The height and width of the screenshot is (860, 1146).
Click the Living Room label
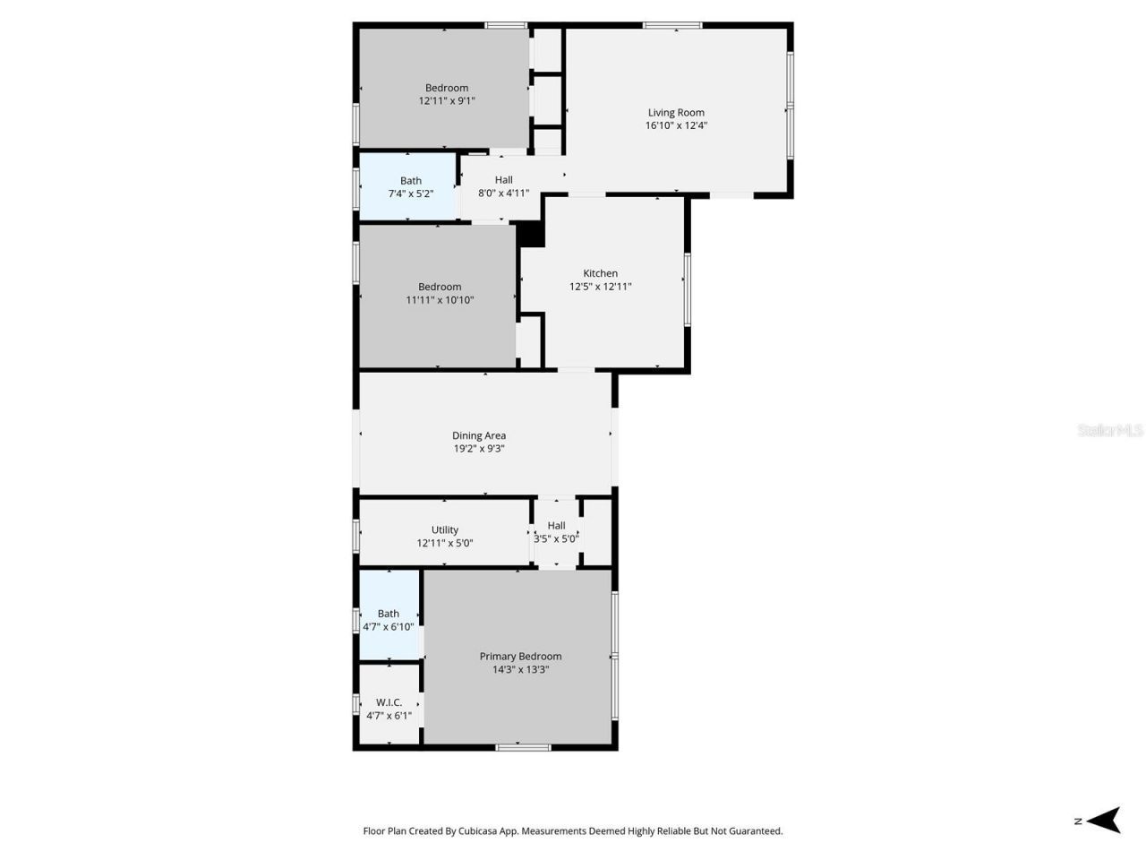pos(676,113)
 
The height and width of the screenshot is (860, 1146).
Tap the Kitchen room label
pos(600,273)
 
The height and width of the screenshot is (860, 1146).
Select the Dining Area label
pos(479,435)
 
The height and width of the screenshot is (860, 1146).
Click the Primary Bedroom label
pos(520,656)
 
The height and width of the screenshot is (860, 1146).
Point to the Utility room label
pos(445,529)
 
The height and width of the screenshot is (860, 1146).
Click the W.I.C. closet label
pos(389,702)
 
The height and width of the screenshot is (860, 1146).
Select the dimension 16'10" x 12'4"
pos(676,125)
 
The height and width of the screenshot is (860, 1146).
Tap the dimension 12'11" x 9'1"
pos(447,100)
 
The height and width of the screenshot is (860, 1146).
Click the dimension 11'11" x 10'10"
pos(440,300)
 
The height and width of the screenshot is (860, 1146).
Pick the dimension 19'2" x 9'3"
pos(479,448)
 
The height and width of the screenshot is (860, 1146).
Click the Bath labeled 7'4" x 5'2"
pos(411,181)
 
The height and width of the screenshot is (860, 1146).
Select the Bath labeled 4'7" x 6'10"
pos(389,614)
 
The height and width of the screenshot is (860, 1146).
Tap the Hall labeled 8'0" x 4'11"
pos(503,180)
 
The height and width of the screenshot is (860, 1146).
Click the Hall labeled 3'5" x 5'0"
pos(556,526)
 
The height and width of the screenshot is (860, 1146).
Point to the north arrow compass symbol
pos(1107,820)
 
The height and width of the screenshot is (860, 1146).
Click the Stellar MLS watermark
pos(1110,431)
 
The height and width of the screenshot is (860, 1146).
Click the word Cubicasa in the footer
pos(479,830)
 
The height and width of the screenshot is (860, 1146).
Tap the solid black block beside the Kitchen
pos(532,234)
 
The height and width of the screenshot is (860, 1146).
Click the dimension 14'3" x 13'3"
pos(520,669)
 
